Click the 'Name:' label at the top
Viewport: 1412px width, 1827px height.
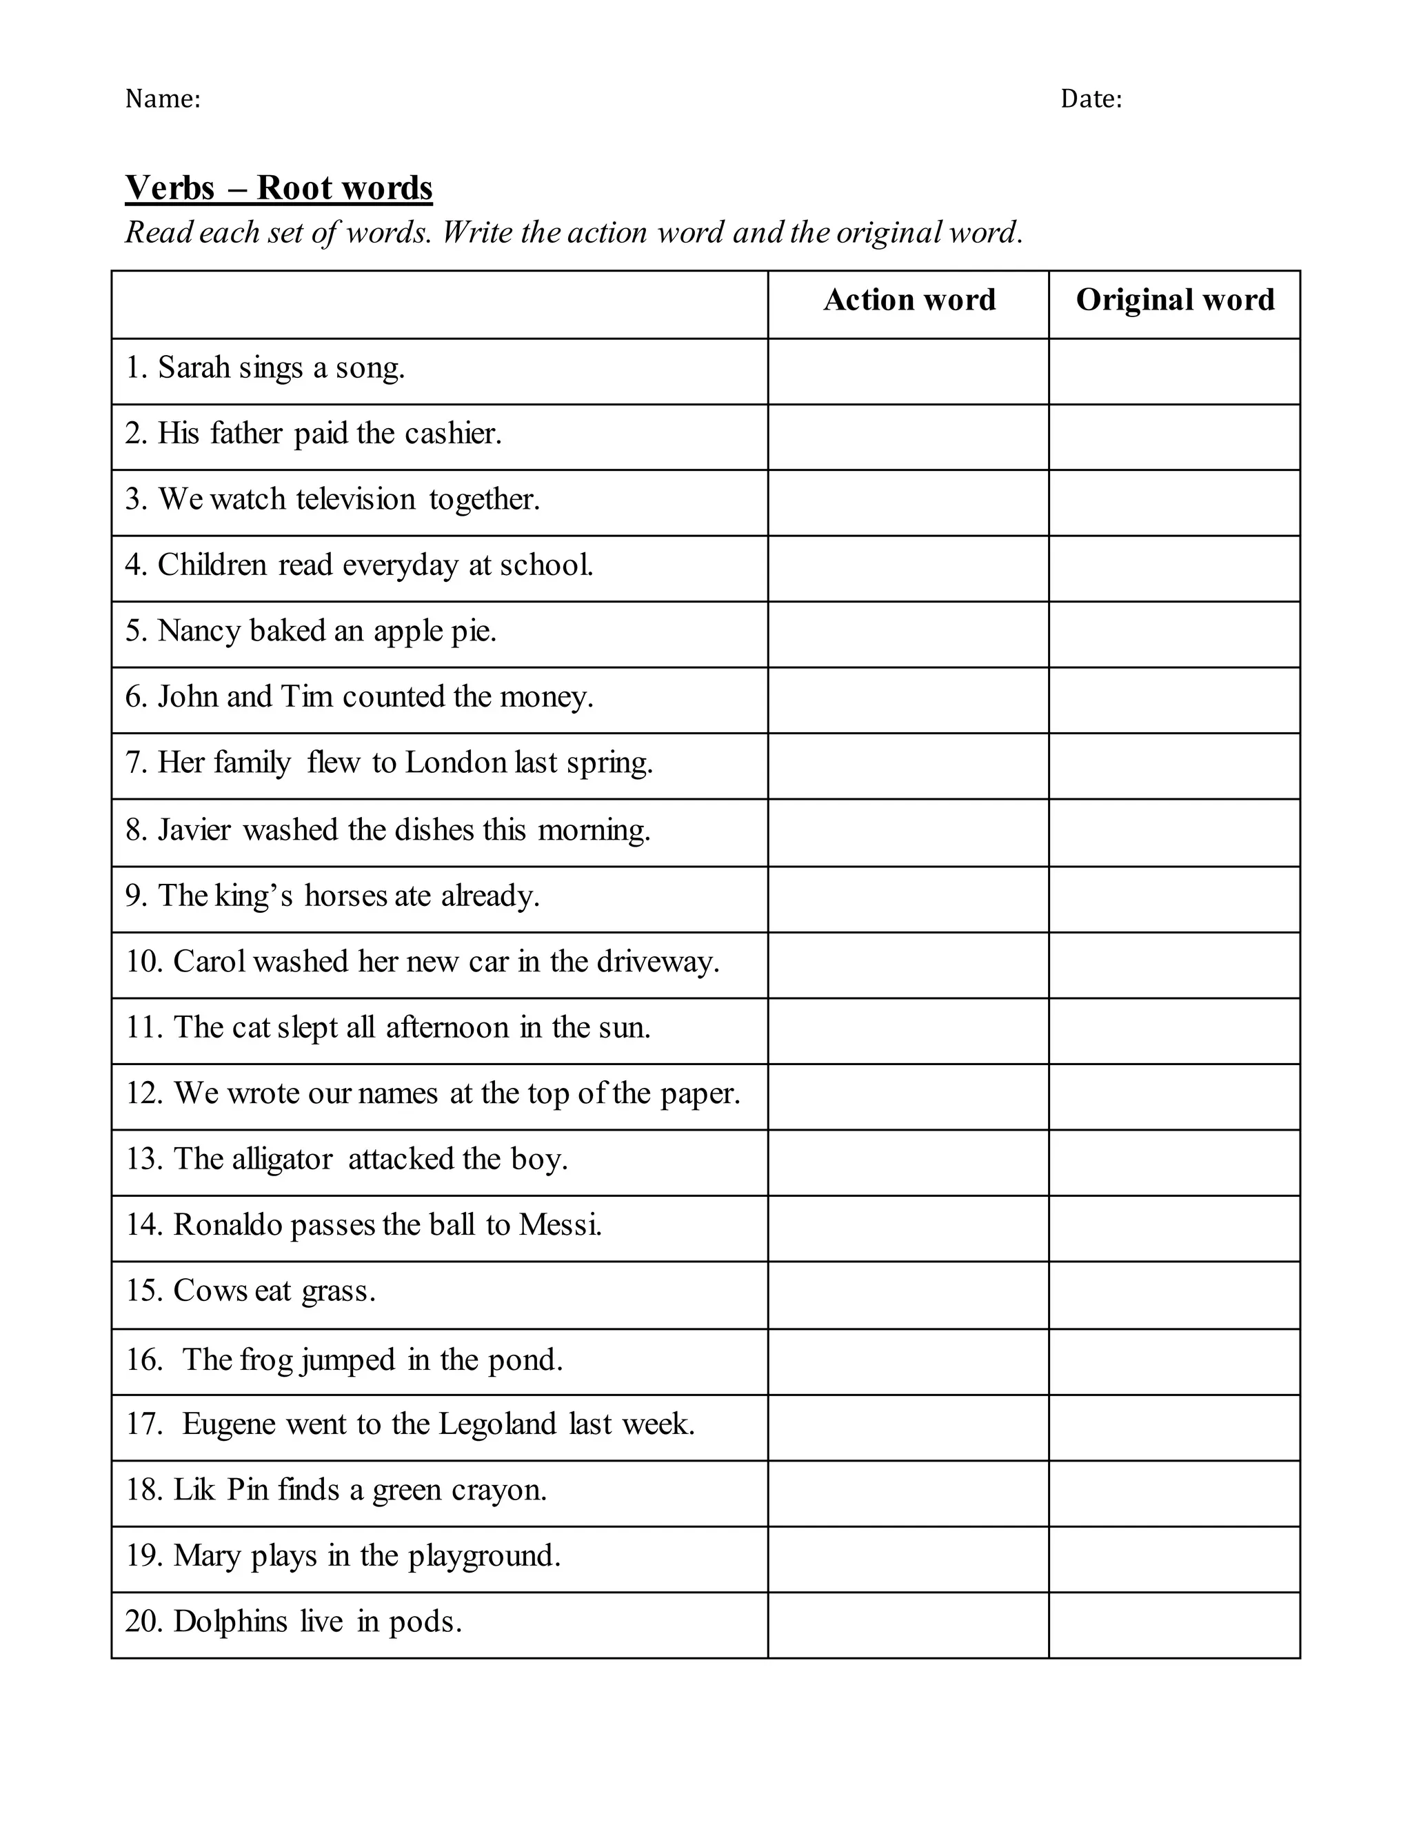coord(162,99)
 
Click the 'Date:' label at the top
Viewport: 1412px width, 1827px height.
coord(1091,99)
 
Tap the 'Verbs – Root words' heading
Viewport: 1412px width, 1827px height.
coord(279,188)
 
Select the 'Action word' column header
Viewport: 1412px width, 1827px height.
coord(909,299)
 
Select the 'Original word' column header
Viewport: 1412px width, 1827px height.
coord(1174,299)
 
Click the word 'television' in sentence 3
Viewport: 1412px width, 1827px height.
coord(356,499)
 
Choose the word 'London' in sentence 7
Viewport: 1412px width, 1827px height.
coord(456,763)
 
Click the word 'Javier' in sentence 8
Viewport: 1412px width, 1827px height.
coord(194,830)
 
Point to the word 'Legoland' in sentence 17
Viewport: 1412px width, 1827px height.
coord(497,1424)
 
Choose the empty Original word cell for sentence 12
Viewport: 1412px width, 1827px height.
coord(1173,1096)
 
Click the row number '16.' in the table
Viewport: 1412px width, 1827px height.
coord(144,1360)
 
